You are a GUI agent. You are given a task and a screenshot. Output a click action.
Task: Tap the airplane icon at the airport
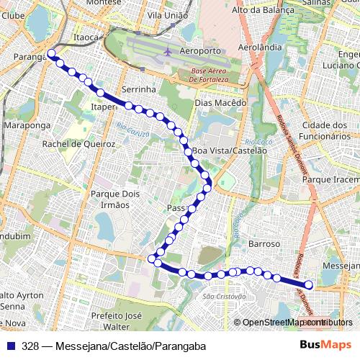168,51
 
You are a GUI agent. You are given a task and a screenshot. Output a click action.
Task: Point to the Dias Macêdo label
220,103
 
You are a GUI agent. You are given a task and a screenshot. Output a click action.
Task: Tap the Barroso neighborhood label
264,245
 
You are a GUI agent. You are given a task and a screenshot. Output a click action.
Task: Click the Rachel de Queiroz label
79,144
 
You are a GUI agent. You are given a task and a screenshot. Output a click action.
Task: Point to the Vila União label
167,14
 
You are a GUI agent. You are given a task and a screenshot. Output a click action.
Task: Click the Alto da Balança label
263,10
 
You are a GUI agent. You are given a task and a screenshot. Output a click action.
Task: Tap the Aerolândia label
259,47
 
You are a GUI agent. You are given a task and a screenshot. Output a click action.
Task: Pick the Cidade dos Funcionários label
330,130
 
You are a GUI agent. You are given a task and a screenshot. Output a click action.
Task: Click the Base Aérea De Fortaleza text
210,75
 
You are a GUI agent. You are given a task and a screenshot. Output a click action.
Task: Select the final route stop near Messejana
310,285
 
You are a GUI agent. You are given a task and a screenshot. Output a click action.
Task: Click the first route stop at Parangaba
52,53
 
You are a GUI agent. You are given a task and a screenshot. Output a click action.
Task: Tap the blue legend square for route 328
10,346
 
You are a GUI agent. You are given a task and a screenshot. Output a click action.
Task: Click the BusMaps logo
325,346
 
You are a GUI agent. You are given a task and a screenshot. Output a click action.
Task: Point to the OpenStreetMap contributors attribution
293,323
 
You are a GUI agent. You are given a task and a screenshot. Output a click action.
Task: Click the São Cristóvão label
225,297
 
